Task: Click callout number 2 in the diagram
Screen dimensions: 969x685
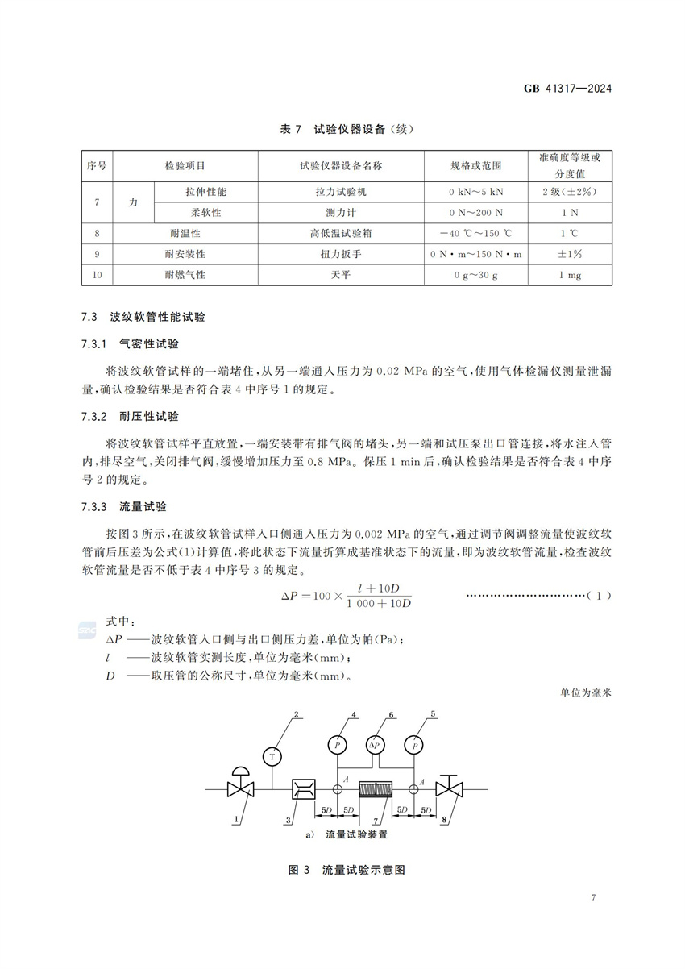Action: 297,715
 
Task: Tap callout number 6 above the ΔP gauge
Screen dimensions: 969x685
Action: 391,715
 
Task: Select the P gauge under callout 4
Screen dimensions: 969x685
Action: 336,745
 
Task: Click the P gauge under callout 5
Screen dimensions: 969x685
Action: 414,745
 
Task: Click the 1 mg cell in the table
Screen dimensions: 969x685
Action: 570,275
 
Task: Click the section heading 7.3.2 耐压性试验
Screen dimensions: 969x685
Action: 130,417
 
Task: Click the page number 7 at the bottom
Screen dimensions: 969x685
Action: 593,898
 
